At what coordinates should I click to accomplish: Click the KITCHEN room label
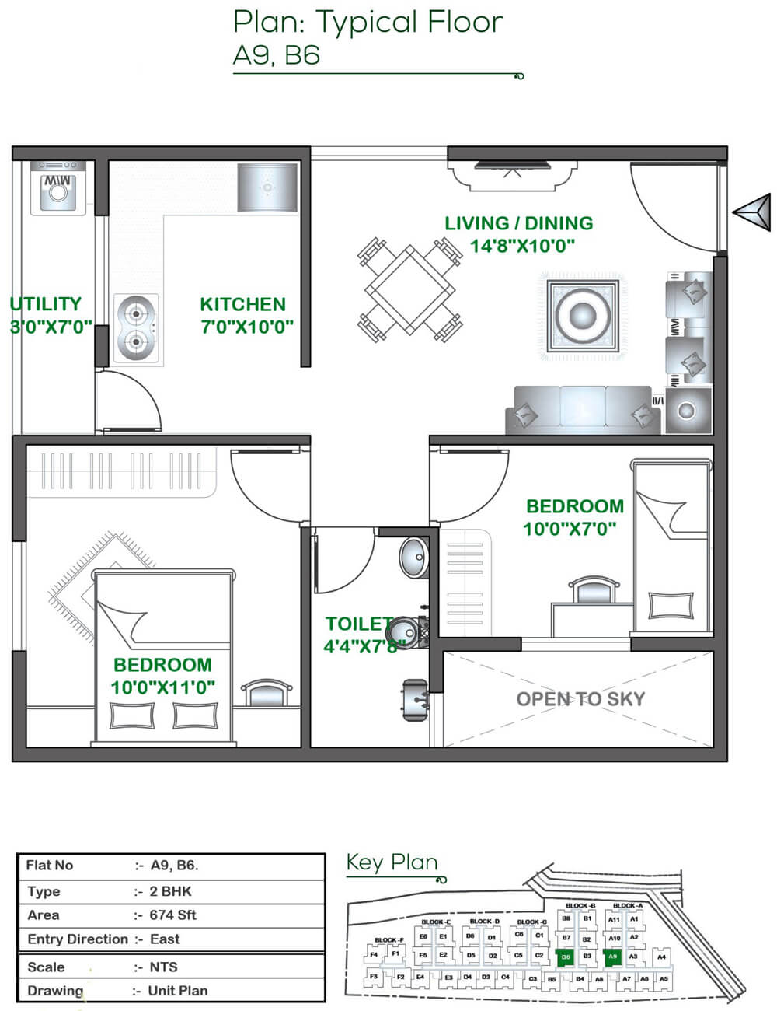pyautogui.click(x=242, y=304)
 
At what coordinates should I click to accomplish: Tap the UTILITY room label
pyautogui.click(x=46, y=304)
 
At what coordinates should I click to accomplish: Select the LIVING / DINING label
pyautogui.click(x=518, y=223)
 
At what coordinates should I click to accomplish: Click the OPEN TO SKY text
pyautogui.click(x=580, y=699)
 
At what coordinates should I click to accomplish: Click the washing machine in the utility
pyautogui.click(x=58, y=189)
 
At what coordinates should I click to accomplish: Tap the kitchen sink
pyautogui.click(x=267, y=187)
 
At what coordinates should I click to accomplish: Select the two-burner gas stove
pyautogui.click(x=138, y=329)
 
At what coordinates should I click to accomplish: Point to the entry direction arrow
pyautogui.click(x=752, y=211)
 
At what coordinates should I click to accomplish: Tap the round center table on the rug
pyautogui.click(x=581, y=315)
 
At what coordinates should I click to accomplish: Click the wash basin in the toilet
pyautogui.click(x=415, y=557)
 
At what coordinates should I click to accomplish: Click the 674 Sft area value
pyautogui.click(x=173, y=915)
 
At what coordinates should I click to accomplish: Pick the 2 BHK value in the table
pyautogui.click(x=170, y=891)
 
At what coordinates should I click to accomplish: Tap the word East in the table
pyautogui.click(x=165, y=939)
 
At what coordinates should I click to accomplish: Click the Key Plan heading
pyautogui.click(x=392, y=862)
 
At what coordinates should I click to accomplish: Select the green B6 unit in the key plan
pyautogui.click(x=566, y=957)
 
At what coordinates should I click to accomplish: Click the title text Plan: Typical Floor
pyautogui.click(x=368, y=22)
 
